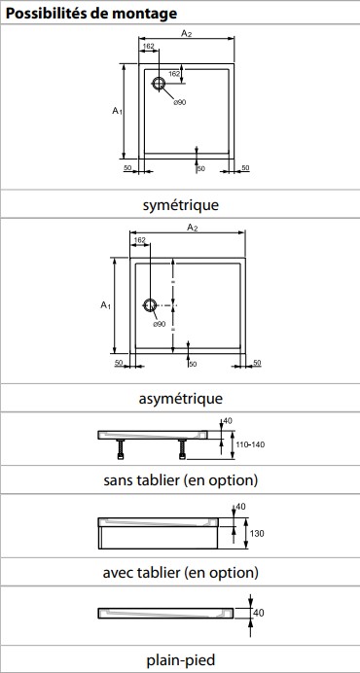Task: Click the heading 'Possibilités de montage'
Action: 91,14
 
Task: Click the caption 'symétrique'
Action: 180,205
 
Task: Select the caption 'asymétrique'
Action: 180,399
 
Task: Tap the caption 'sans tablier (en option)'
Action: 180,479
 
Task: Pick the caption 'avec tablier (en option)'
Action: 180,572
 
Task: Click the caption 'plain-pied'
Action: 180,659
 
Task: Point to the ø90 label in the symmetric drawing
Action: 180,102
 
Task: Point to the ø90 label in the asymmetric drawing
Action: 159,324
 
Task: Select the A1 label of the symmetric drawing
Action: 118,111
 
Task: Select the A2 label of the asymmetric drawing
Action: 192,228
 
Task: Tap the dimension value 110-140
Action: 251,444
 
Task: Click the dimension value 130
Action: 256,534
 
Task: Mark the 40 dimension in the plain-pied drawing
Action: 259,613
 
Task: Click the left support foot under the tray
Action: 121,449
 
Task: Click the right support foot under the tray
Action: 183,449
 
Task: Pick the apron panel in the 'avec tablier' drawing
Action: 159,538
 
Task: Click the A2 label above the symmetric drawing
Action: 186,34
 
